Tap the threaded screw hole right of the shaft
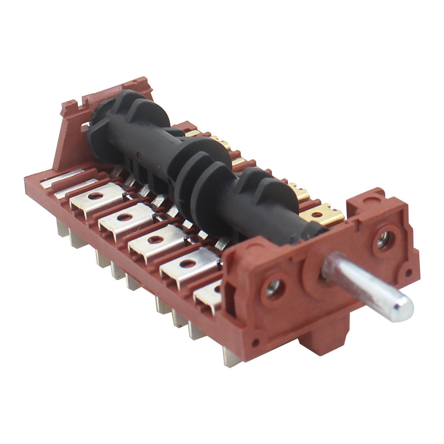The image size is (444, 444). coord(383,239)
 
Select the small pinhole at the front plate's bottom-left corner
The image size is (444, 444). coord(256,342)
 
